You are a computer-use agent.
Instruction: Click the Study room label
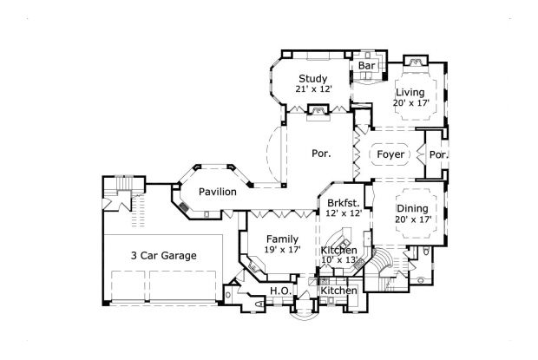click(x=312, y=79)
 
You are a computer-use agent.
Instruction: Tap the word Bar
click(x=366, y=65)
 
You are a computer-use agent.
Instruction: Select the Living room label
click(x=410, y=93)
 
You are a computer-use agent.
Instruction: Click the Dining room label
click(x=411, y=208)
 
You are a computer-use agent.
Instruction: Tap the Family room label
click(x=282, y=239)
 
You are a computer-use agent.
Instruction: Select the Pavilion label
click(x=217, y=191)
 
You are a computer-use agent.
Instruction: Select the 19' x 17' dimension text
click(x=282, y=250)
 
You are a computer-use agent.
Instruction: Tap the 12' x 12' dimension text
click(x=344, y=213)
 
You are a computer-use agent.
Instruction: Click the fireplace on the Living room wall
click(x=415, y=62)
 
